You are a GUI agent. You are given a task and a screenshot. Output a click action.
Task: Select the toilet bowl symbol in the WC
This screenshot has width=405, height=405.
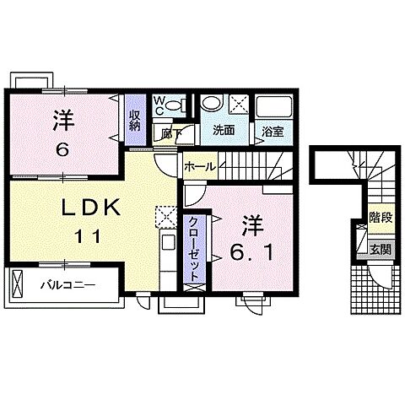click(x=175, y=105)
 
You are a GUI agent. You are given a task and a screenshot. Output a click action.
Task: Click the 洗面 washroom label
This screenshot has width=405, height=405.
click(x=223, y=131)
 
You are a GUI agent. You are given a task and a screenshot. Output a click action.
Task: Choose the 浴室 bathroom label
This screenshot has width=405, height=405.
click(x=272, y=132)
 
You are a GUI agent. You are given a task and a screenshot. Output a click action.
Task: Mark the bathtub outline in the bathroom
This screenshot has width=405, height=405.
click(x=273, y=107)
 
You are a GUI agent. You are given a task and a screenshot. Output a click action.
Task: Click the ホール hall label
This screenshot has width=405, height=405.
click(x=199, y=166)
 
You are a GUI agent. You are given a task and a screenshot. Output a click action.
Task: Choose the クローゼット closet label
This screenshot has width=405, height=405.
click(x=193, y=249)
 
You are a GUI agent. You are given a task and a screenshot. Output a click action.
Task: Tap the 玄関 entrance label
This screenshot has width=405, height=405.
click(x=380, y=250)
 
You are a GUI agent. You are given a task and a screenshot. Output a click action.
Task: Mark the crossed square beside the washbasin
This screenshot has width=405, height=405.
click(x=238, y=105)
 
